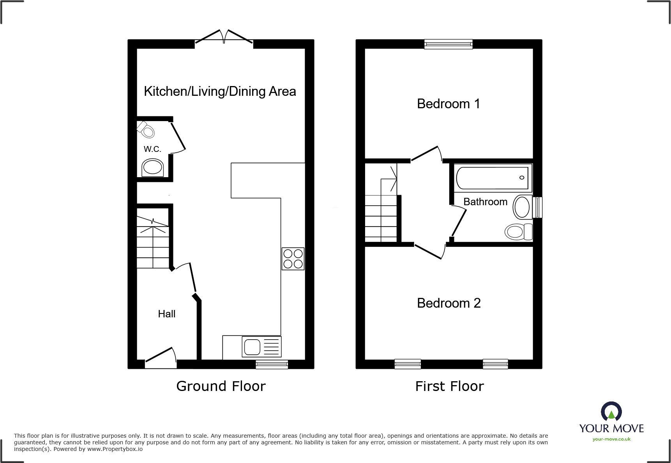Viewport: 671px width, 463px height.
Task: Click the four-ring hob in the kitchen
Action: pos(293,259)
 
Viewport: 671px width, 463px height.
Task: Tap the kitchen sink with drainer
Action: pos(261,346)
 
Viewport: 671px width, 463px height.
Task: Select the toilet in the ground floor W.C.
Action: pos(146,130)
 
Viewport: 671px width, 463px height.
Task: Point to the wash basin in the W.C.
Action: pos(152,168)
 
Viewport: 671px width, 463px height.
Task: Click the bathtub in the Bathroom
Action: pos(493,178)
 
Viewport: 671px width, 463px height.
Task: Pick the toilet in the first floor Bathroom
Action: pos(518,232)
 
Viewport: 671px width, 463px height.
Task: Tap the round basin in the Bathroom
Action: pos(522,207)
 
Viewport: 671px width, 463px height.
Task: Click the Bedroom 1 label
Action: pos(448,104)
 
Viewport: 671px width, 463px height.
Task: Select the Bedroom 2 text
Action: pos(449,303)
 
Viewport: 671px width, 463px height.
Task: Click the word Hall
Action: pos(166,314)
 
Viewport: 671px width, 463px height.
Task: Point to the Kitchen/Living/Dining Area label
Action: pos(220,92)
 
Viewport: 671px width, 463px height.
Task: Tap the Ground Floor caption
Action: pos(221,386)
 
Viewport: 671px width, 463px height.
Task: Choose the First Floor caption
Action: pos(449,386)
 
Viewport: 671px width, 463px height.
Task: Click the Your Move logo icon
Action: pos(611,411)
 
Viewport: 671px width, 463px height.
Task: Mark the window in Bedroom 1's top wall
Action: pos(449,44)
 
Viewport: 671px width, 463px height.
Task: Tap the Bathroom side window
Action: pos(537,207)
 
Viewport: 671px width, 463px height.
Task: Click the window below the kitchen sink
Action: pos(272,364)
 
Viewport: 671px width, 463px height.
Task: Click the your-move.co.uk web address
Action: pos(611,439)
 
